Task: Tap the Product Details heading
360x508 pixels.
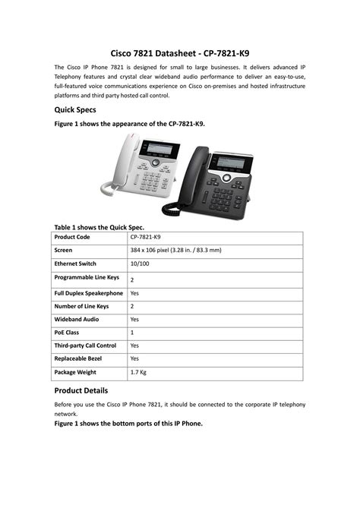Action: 88,390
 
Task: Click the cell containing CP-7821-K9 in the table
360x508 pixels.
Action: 146,237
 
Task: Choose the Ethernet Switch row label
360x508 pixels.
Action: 75,263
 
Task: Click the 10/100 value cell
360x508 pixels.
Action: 140,263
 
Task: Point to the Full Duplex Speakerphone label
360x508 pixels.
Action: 88,292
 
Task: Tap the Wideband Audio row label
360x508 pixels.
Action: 77,319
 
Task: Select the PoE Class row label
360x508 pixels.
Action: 68,333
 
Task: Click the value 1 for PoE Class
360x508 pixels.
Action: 132,333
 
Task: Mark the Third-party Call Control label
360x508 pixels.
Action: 85,346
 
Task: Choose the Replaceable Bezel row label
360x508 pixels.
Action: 79,358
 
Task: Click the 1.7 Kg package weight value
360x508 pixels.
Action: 138,372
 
